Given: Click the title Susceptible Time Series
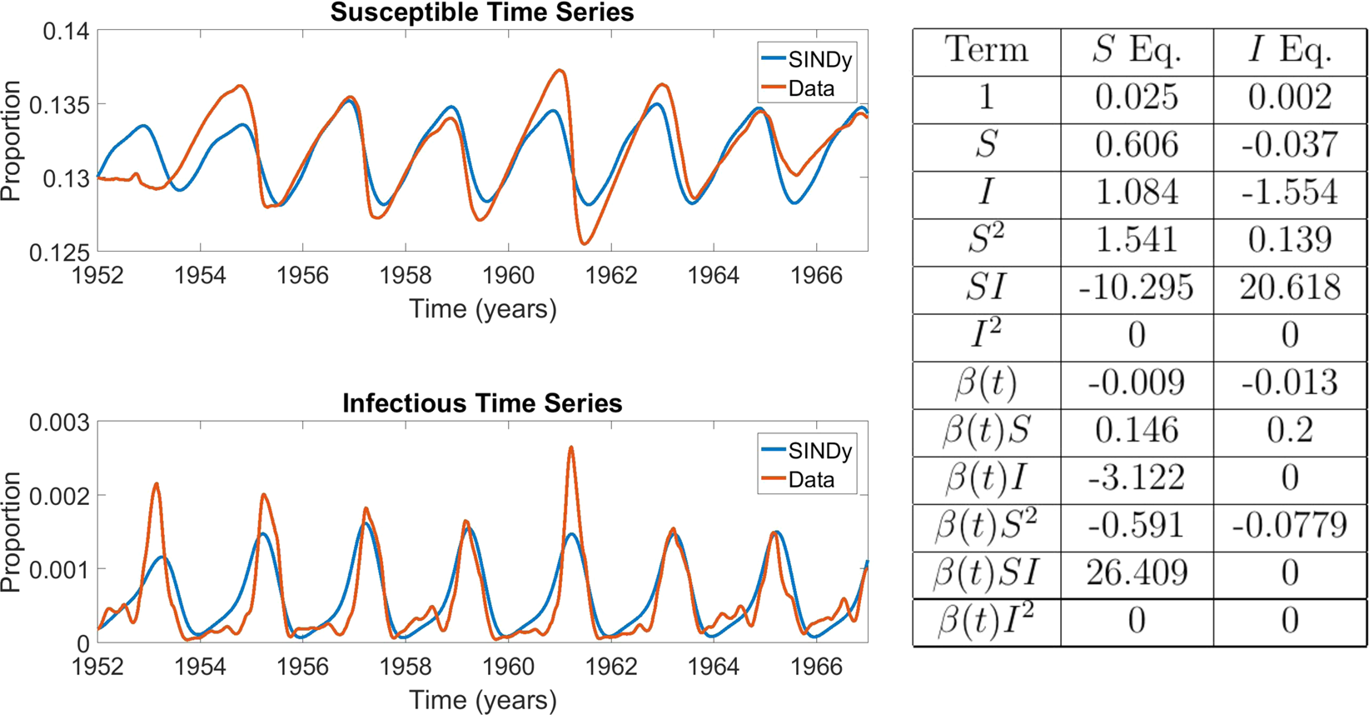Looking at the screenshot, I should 481,13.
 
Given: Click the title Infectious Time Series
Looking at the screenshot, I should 481,404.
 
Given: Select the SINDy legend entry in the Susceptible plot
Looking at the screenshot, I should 807,60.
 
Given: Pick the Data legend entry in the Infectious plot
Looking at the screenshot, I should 799,480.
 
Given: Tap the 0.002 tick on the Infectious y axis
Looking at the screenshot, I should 60,496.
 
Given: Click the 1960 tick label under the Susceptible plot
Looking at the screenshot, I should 508,276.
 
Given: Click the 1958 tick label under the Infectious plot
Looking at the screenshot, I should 406,667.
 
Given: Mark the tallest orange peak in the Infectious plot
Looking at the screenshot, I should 571,447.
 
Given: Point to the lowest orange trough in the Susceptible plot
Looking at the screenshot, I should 584,243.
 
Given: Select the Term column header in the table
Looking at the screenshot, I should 986,51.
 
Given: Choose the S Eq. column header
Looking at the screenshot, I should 1137,51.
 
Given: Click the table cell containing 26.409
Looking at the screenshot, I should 1137,573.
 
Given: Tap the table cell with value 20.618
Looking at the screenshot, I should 1290,288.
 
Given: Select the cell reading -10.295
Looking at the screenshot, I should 1137,288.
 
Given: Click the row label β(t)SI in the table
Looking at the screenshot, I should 986,573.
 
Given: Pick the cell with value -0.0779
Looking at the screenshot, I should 1290,526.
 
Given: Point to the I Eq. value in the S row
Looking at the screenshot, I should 1290,146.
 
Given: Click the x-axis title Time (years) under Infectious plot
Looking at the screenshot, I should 482,700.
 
